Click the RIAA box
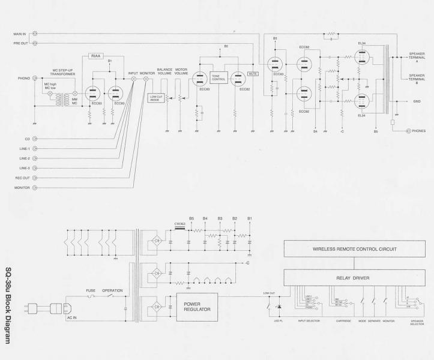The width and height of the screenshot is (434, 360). [97, 56]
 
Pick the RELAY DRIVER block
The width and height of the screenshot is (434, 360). [352, 278]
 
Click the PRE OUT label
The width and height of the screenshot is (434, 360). [20, 43]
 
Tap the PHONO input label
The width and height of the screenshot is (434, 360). [24, 78]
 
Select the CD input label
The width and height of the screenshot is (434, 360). [27, 139]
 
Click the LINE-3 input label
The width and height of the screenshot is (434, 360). [24, 168]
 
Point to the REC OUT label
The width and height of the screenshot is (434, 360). [22, 178]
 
